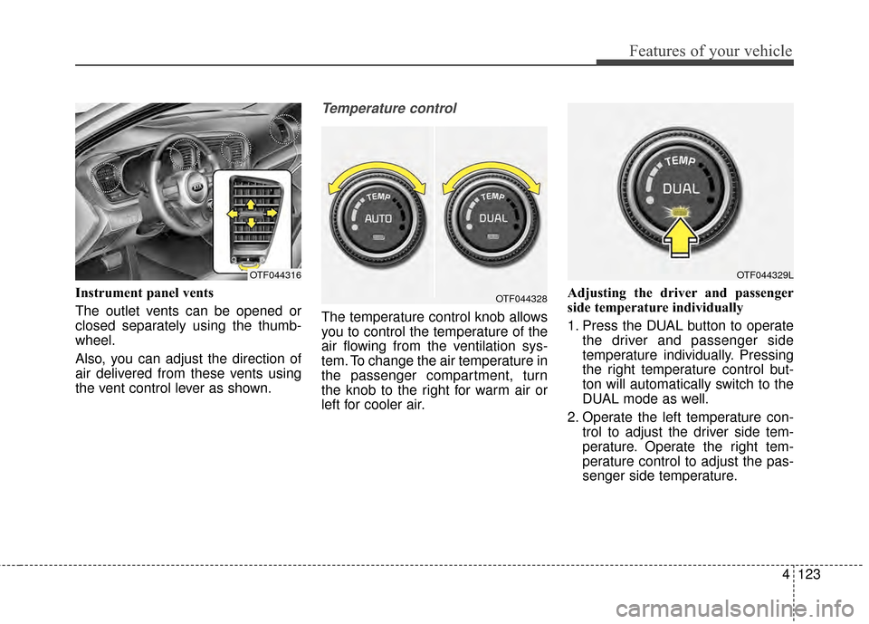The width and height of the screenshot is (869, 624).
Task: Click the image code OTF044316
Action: tap(274, 274)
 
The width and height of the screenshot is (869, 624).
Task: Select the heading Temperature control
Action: tap(388, 109)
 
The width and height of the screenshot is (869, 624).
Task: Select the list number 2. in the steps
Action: tap(573, 418)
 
